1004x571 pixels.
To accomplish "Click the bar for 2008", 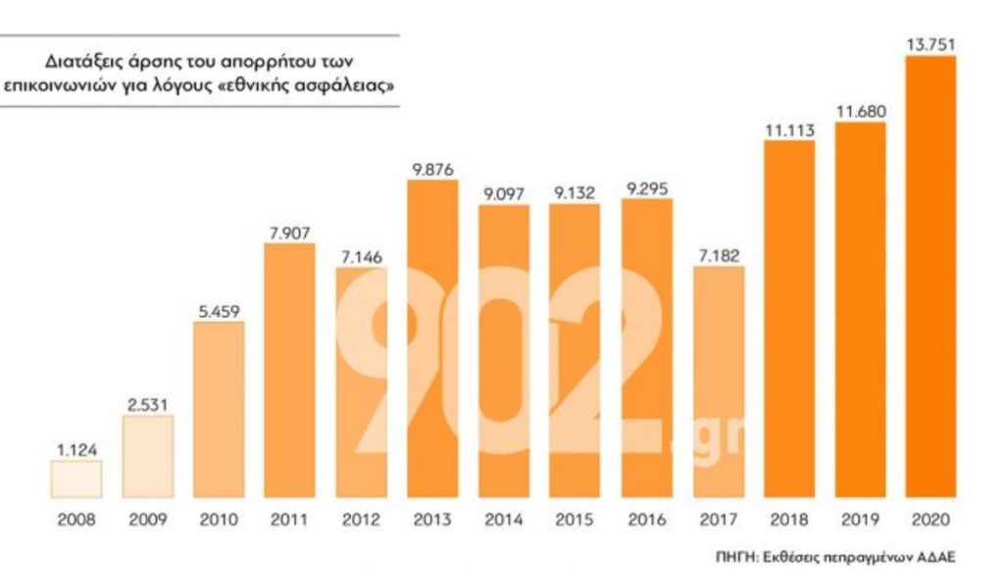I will [x=76, y=480].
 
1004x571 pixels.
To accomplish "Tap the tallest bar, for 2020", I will [x=930, y=277].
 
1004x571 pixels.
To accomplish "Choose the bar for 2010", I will [x=219, y=409].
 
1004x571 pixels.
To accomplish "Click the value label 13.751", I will [x=930, y=44].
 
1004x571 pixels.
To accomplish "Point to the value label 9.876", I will [x=432, y=169].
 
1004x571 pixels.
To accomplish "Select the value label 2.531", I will [x=148, y=404].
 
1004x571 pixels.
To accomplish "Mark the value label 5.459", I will [x=219, y=312].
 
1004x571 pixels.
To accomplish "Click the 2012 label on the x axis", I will [x=361, y=520].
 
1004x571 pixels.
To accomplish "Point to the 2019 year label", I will [x=860, y=520].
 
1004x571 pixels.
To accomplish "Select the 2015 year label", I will [x=575, y=520].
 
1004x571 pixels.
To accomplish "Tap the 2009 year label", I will [x=148, y=520].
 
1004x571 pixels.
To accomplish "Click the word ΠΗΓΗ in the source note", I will [x=736, y=555].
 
